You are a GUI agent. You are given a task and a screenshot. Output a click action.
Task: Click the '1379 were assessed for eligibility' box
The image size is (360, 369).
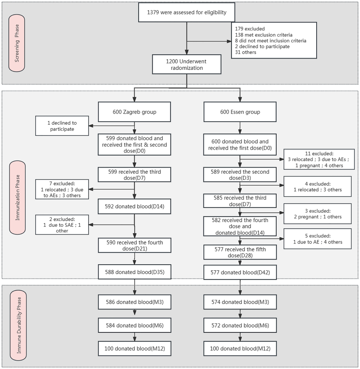tap(187, 13)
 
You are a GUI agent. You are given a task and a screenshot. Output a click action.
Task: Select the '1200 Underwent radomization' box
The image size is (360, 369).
tap(187, 64)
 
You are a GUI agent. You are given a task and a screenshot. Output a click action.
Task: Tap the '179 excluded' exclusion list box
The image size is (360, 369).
tap(274, 40)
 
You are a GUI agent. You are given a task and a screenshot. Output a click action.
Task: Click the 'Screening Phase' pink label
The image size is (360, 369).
tap(17, 43)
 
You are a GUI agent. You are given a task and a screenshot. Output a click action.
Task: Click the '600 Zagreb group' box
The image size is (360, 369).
tap(134, 112)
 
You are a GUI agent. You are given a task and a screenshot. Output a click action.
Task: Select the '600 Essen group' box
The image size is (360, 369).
tap(240, 112)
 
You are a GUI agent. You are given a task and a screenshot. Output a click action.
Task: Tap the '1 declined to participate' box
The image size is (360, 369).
tap(62, 126)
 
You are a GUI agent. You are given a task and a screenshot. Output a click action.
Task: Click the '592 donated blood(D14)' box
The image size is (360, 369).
tap(134, 206)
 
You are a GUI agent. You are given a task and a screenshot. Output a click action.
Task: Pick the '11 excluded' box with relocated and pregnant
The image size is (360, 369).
tap(319, 160)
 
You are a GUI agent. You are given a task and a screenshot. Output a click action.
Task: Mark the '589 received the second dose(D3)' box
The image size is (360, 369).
tap(240, 175)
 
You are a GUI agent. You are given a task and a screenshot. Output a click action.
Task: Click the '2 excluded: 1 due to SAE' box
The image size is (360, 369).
tap(62, 225)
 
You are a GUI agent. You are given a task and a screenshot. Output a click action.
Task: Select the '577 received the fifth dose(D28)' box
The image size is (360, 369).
tap(240, 252)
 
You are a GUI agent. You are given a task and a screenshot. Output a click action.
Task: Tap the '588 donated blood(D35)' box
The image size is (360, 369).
tap(134, 272)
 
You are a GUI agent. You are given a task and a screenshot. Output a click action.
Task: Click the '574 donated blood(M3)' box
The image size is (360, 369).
tap(240, 302)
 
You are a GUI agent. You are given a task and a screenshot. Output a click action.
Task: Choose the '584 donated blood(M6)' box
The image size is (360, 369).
tap(134, 325)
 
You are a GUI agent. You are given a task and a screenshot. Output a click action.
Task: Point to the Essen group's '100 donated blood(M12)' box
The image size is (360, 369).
tap(240, 349)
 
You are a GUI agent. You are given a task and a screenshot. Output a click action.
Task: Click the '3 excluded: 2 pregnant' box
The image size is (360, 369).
tap(317, 214)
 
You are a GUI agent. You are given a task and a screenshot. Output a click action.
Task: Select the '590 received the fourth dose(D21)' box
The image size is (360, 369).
tap(134, 245)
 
